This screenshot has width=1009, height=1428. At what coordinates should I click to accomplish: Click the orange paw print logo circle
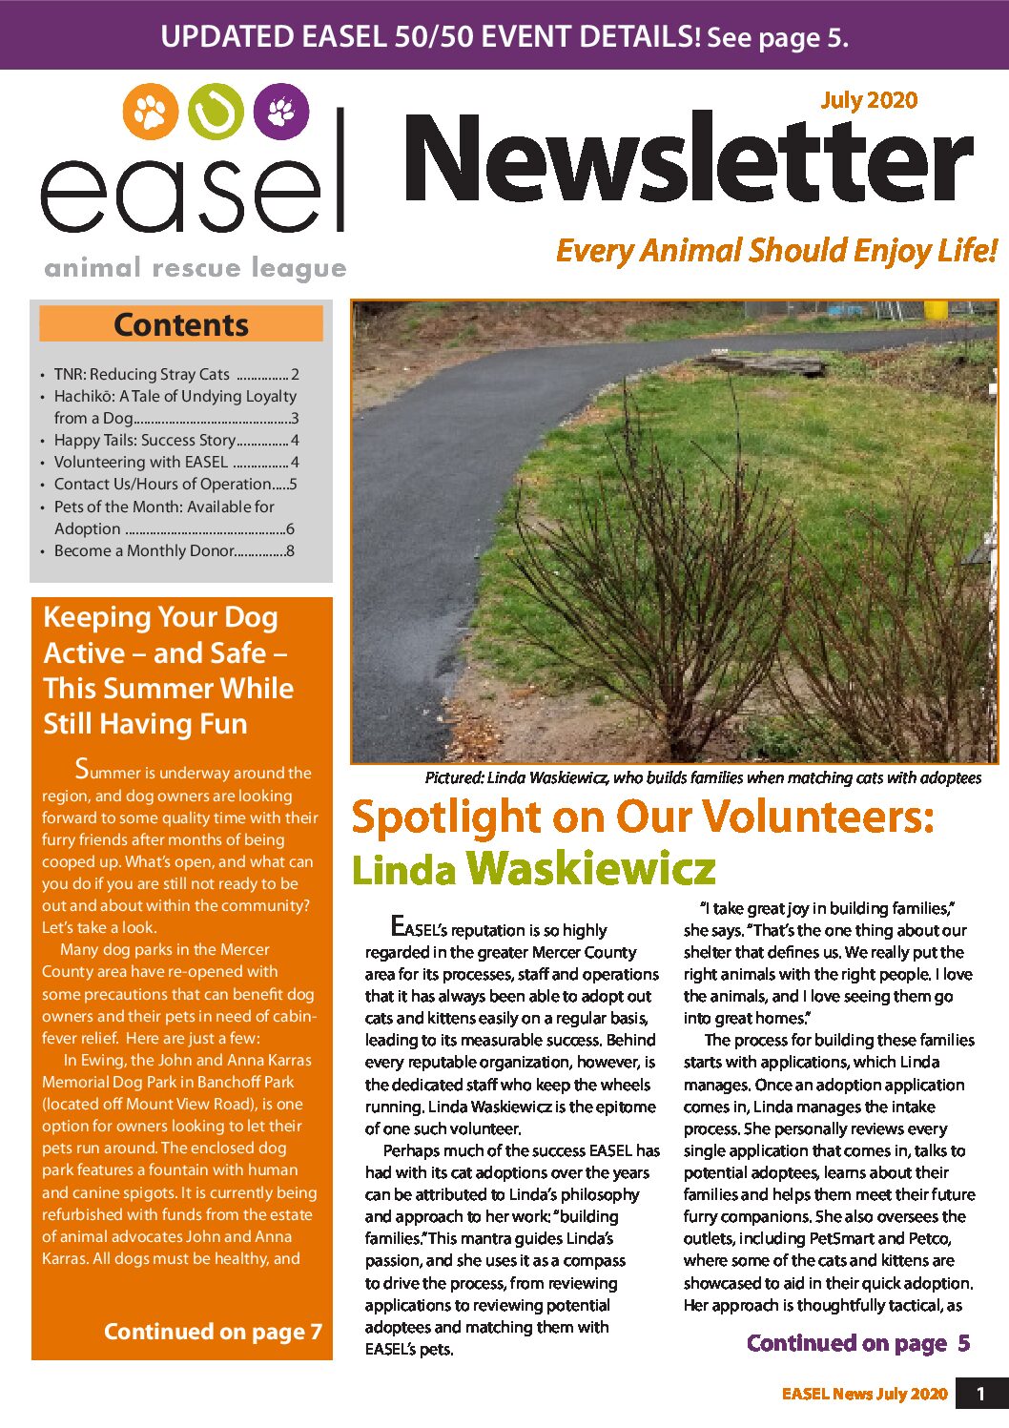[151, 113]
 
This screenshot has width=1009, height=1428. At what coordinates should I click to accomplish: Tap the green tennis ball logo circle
[216, 113]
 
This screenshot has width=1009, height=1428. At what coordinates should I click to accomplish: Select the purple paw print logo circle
[281, 112]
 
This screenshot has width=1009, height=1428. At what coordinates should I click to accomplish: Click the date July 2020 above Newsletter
[869, 100]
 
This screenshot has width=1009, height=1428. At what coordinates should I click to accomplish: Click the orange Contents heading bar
[181, 324]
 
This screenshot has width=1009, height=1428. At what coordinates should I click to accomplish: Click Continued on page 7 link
[213, 1332]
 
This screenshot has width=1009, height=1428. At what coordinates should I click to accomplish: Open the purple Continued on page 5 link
[858, 1343]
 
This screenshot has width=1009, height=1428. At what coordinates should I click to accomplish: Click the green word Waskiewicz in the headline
[591, 868]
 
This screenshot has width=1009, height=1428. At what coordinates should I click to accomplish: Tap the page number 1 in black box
[980, 1395]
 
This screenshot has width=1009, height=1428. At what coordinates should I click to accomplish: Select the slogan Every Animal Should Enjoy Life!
[776, 251]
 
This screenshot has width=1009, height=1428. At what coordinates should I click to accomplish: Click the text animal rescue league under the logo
[196, 268]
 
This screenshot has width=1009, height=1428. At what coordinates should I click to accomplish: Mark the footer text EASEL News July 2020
[864, 1394]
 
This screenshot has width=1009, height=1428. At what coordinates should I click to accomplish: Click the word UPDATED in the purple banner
[227, 36]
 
